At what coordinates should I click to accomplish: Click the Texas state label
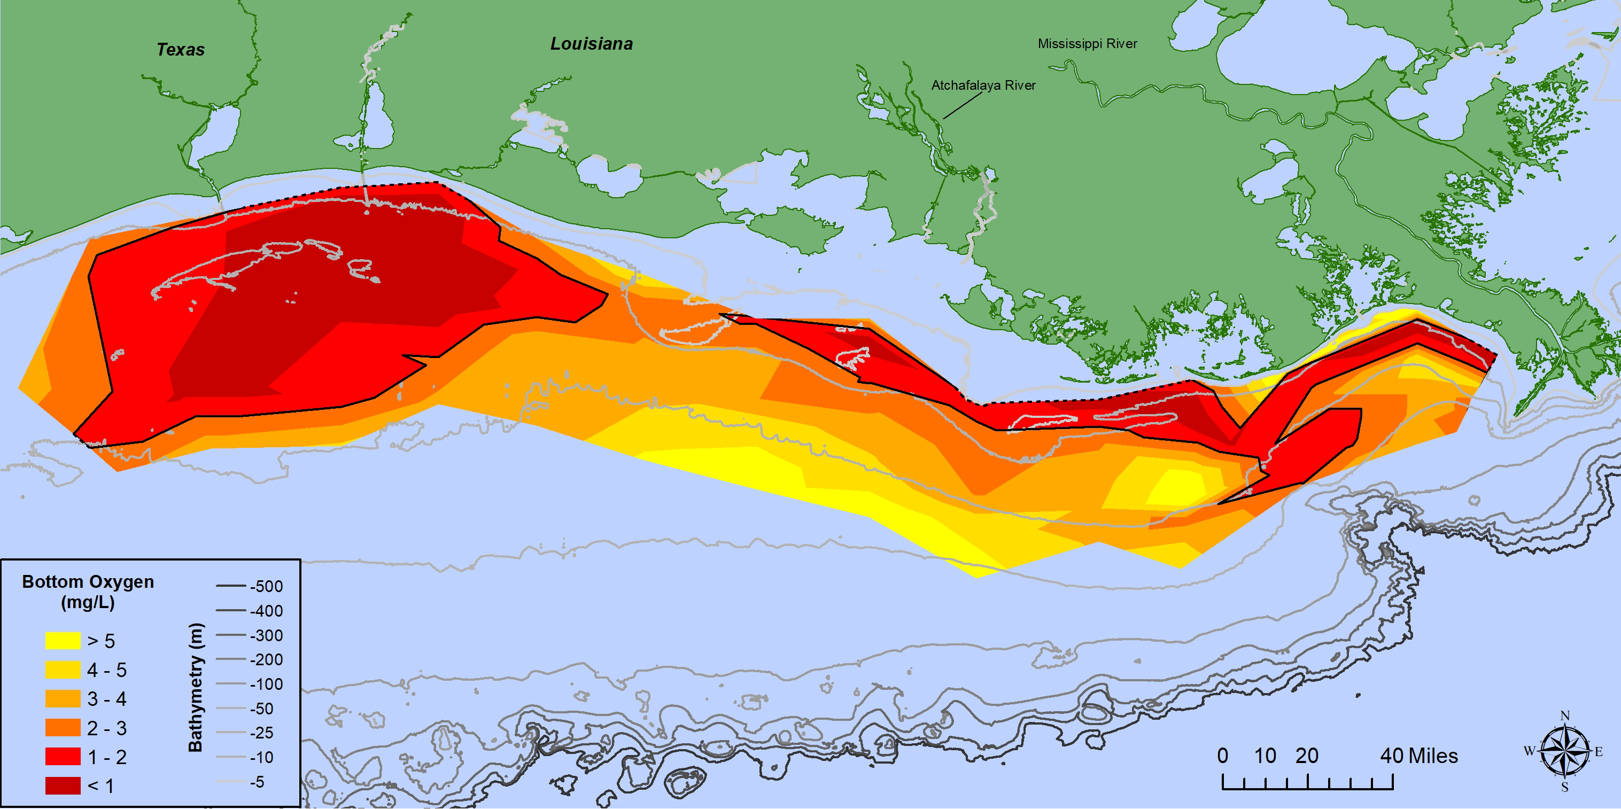pyautogui.click(x=181, y=50)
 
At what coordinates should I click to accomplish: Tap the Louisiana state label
pyautogui.click(x=592, y=44)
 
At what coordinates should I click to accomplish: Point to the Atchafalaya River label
pyautogui.click(x=983, y=85)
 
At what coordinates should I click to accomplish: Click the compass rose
pyautogui.click(x=1564, y=751)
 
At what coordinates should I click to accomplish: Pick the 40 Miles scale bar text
pyautogui.click(x=1419, y=756)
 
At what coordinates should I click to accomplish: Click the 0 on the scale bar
pyautogui.click(x=1223, y=756)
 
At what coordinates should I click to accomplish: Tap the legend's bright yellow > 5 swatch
pyautogui.click(x=63, y=640)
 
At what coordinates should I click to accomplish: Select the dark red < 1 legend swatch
pyautogui.click(x=63, y=785)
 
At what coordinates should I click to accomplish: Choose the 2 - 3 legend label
pyautogui.click(x=107, y=728)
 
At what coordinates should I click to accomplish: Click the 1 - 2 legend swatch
pyautogui.click(x=63, y=757)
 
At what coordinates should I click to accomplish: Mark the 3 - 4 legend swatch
pyautogui.click(x=63, y=699)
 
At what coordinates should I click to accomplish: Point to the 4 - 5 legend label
pyautogui.click(x=107, y=670)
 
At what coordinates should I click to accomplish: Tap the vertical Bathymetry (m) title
pyautogui.click(x=196, y=687)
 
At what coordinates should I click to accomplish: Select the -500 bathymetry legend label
pyautogui.click(x=266, y=587)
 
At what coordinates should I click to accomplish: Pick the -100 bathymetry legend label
pyautogui.click(x=266, y=684)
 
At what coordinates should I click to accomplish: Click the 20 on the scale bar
pyautogui.click(x=1307, y=756)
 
